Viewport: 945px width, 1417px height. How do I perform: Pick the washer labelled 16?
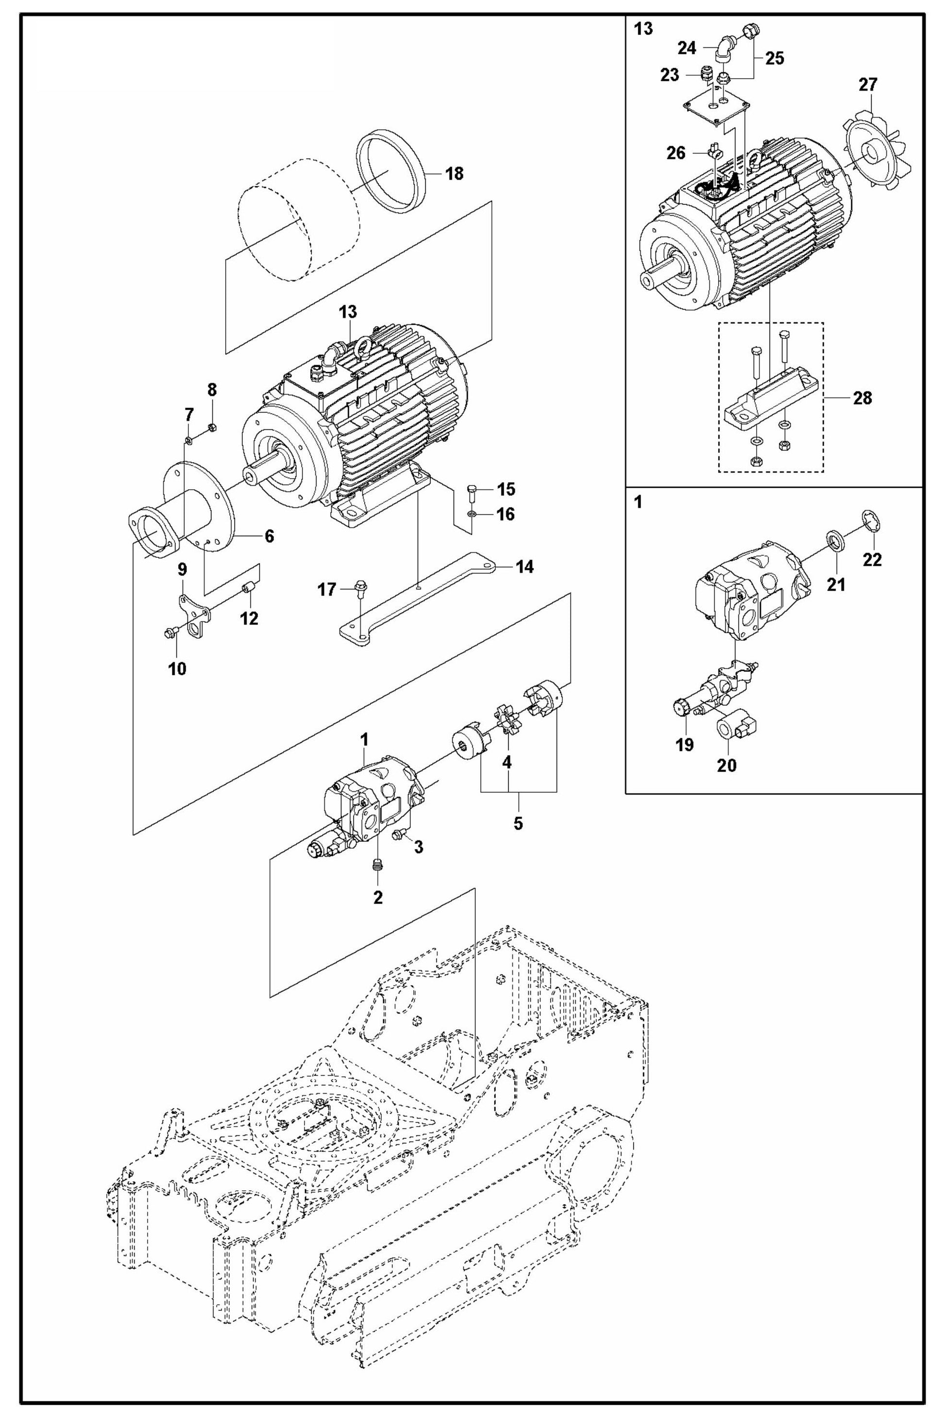tap(472, 515)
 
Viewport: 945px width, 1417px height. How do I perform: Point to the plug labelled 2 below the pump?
tap(378, 866)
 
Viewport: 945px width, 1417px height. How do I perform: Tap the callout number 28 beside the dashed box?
tap(862, 398)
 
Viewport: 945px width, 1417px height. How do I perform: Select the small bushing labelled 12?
tap(248, 587)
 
